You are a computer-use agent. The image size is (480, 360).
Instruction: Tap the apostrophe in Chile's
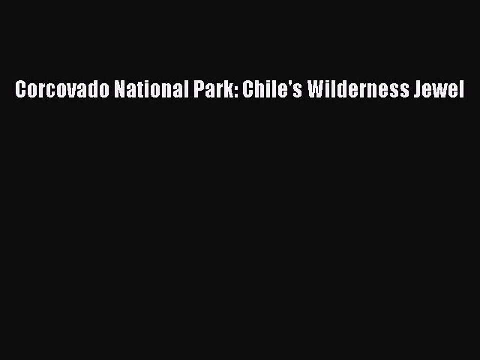coord(286,85)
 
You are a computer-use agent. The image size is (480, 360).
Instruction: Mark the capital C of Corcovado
coord(20,90)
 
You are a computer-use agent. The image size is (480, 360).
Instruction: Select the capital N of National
coord(120,90)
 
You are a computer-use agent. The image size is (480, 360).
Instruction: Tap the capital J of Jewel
coord(420,90)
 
